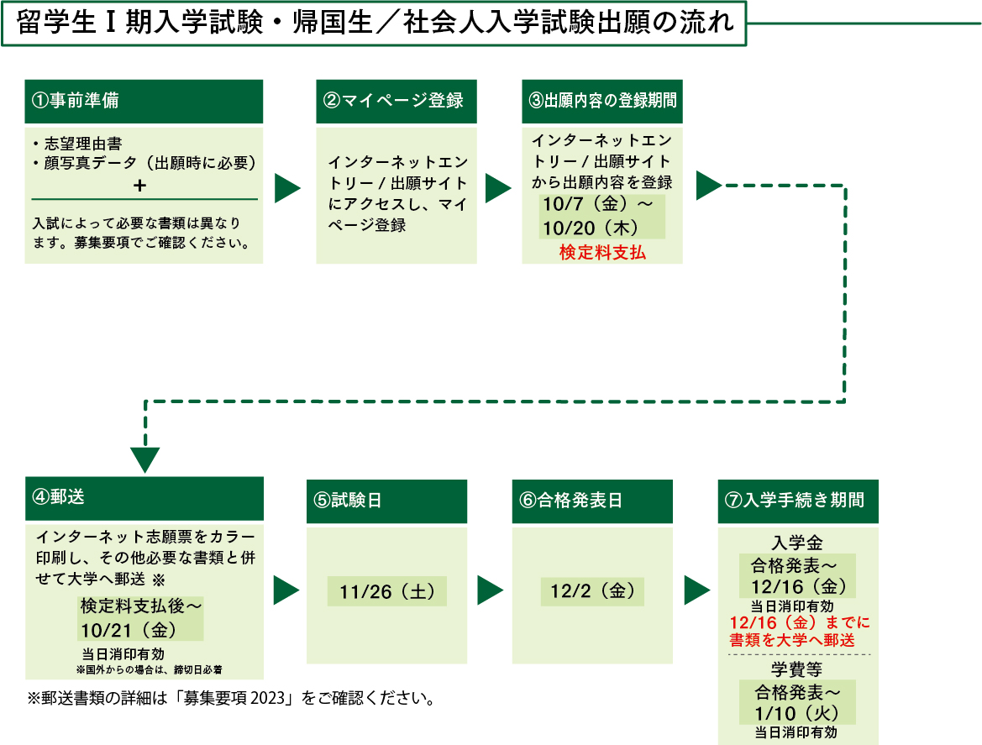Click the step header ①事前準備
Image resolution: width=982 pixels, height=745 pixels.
(x=144, y=101)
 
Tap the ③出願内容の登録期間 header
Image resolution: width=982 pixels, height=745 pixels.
(x=601, y=101)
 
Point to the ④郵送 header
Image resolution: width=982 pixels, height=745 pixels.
(x=144, y=497)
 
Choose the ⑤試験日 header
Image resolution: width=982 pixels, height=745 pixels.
(x=386, y=501)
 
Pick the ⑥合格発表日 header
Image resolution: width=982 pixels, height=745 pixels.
(x=592, y=501)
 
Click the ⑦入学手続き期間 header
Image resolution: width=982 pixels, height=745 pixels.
(x=797, y=501)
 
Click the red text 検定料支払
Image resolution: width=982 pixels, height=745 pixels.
(x=602, y=252)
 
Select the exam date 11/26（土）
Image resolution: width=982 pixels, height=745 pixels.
(x=386, y=591)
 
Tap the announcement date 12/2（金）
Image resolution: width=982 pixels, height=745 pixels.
(x=592, y=591)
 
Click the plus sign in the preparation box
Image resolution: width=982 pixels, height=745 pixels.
(x=139, y=185)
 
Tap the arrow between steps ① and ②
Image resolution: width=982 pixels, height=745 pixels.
(x=288, y=189)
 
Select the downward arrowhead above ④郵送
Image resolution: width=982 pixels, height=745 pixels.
(x=145, y=459)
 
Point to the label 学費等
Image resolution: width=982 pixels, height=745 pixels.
(x=796, y=669)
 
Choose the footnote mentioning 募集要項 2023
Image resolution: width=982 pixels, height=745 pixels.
(x=231, y=698)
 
